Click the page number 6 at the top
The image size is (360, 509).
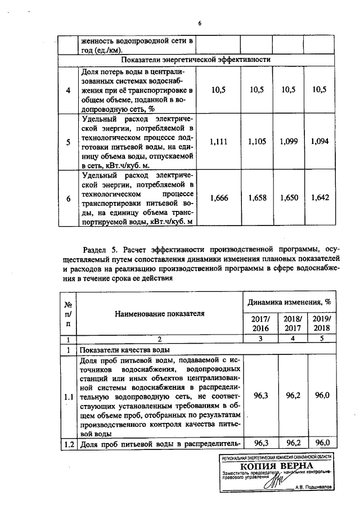[x=199, y=23]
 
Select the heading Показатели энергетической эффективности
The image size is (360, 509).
[x=196, y=59]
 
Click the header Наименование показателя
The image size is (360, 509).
[x=160, y=313]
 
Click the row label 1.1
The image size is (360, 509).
[x=68, y=396]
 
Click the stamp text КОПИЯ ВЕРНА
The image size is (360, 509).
[x=273, y=466]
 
